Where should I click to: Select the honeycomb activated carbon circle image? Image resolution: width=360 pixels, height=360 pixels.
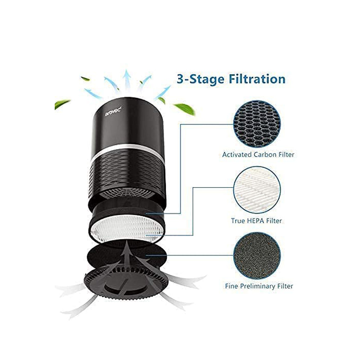click(x=257, y=124)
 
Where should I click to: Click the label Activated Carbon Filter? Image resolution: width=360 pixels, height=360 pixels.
click(x=258, y=155)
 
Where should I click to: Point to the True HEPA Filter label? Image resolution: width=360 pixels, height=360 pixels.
click(x=256, y=221)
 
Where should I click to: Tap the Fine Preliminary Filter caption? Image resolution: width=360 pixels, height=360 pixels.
click(x=259, y=287)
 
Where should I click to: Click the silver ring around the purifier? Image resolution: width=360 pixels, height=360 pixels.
click(x=126, y=148)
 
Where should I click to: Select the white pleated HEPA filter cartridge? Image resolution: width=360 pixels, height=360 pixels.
click(x=126, y=230)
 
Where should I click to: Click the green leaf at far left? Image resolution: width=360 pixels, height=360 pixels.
click(x=62, y=104)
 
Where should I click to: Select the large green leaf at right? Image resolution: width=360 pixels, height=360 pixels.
click(x=184, y=108)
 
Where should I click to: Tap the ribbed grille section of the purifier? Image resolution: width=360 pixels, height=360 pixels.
click(x=126, y=169)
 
